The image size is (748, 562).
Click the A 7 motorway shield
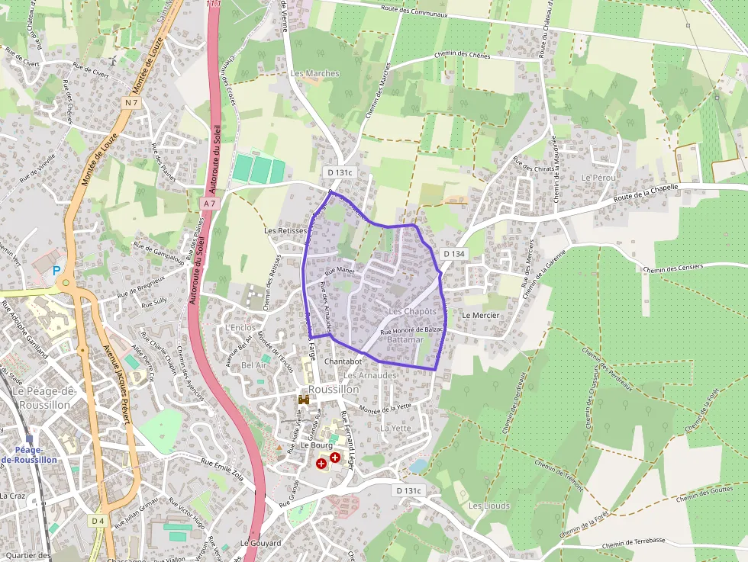[211, 204]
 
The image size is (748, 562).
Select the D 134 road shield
[453, 253]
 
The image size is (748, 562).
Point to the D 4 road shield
[97, 521]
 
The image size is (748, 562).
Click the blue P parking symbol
[56, 271]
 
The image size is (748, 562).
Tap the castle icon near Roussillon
[304, 400]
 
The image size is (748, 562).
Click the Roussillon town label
[334, 389]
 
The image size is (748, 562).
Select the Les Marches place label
[314, 73]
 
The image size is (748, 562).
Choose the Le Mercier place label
[481, 315]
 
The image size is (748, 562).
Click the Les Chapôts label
[412, 312]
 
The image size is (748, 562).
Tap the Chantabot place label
[343, 361]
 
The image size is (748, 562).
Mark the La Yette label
[395, 428]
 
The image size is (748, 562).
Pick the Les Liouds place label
[488, 506]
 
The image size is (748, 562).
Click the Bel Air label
[254, 365]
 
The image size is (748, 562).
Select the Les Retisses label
[285, 230]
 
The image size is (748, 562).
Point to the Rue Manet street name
[341, 271]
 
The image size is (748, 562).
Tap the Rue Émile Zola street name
[226, 466]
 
